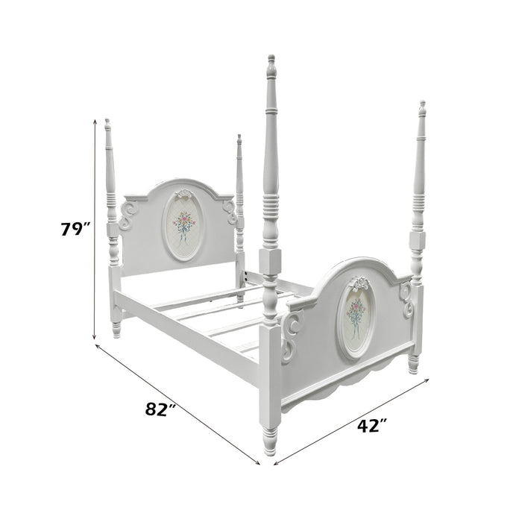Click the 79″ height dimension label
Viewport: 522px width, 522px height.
[x=75, y=229]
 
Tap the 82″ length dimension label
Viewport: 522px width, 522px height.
[x=160, y=409]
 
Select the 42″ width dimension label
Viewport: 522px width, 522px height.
[x=372, y=426]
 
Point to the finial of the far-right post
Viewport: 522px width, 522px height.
[x=422, y=108]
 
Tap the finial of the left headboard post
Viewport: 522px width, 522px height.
[x=107, y=125]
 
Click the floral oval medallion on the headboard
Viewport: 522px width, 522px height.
[x=183, y=226]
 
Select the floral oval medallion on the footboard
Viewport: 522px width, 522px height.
[x=356, y=318]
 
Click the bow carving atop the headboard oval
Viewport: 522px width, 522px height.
[x=183, y=194]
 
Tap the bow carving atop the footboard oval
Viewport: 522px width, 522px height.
[x=358, y=284]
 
